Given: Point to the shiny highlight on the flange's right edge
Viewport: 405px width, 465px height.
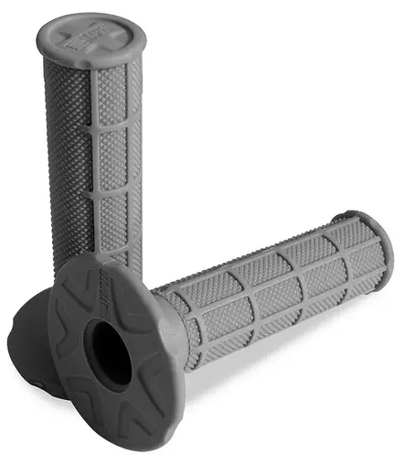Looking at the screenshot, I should [x=177, y=366].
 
